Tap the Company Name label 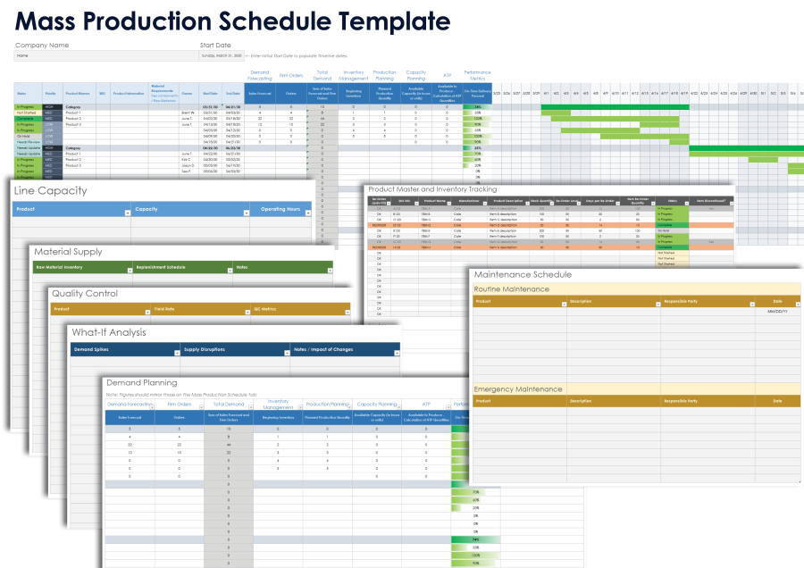[42, 45]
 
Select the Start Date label [215, 45]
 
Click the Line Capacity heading [50, 190]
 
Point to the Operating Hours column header [280, 210]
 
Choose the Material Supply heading [68, 252]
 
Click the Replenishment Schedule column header [161, 267]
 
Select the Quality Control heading [84, 293]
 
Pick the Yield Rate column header [163, 309]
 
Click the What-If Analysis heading [111, 332]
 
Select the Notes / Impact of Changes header [323, 349]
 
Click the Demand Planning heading [143, 381]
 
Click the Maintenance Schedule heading [523, 274]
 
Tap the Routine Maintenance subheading [511, 288]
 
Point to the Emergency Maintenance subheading [518, 389]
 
